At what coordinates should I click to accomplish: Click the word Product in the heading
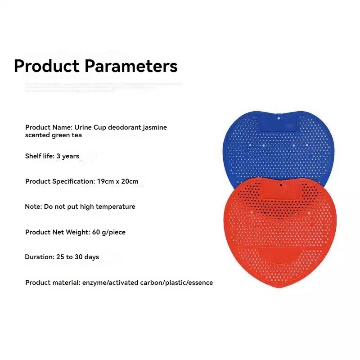(x=47, y=66)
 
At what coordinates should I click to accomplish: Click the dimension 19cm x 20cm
(x=117, y=181)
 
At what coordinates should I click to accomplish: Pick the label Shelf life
(x=40, y=156)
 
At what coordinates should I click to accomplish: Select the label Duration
(x=39, y=257)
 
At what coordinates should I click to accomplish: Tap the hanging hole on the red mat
(x=280, y=184)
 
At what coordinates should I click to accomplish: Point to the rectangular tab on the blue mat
(x=279, y=123)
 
